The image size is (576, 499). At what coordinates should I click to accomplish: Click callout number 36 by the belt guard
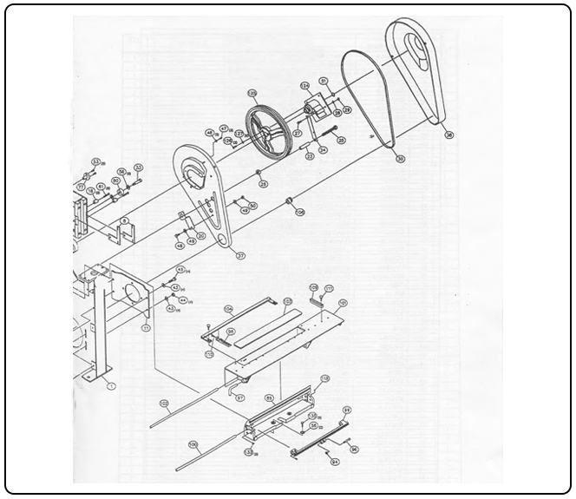click(448, 135)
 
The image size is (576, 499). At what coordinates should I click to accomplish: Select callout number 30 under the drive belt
click(400, 159)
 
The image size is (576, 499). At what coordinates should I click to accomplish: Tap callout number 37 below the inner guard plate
click(240, 255)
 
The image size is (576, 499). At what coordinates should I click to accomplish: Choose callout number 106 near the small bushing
click(300, 211)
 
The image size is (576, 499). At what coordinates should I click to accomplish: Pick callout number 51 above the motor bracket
click(323, 81)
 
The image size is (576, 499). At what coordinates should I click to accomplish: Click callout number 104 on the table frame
click(229, 308)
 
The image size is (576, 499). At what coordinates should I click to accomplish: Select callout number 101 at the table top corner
click(343, 303)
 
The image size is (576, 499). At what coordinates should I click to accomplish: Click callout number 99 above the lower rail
click(346, 410)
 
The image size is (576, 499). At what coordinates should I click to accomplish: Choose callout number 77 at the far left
click(81, 186)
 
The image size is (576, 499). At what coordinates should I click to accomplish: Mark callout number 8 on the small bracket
click(125, 222)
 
